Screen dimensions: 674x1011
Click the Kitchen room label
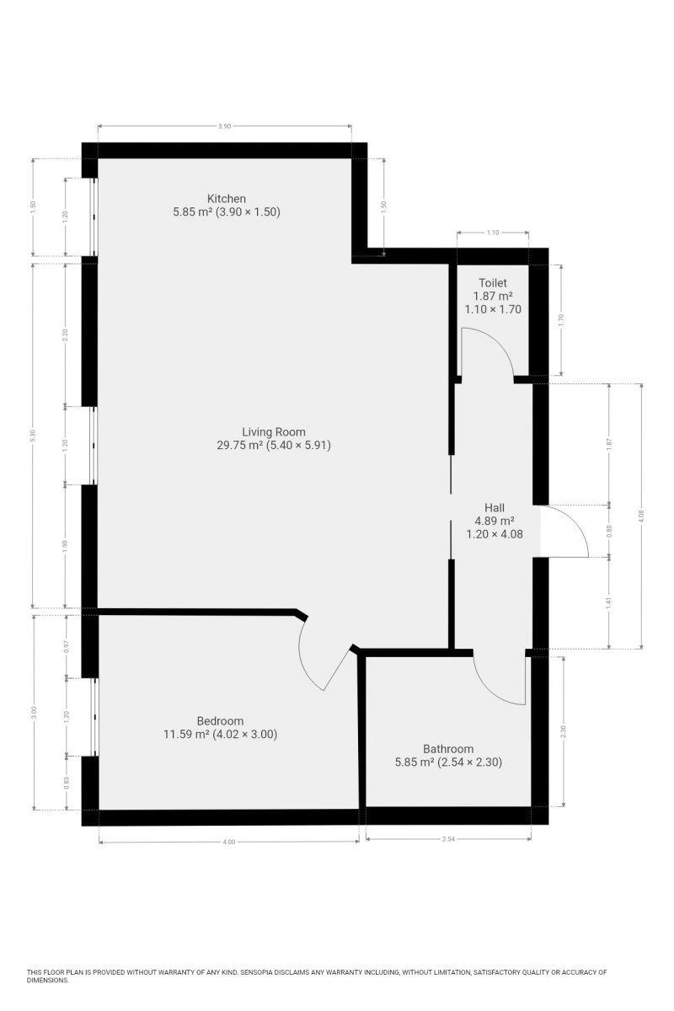[x=226, y=199]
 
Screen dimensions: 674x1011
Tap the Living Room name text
[x=274, y=432]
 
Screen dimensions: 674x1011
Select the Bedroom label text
[x=220, y=721]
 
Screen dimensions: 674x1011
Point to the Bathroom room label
[x=448, y=749]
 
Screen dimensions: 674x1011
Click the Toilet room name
[x=493, y=283]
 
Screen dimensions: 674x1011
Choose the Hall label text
[x=495, y=508]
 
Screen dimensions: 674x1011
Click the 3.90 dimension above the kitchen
[x=224, y=126]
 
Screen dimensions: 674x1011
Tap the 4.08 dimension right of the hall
[x=641, y=516]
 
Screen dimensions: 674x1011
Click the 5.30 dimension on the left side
[x=33, y=436]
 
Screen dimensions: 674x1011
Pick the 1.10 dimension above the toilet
[x=493, y=233]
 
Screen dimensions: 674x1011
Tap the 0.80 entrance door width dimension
[x=609, y=530]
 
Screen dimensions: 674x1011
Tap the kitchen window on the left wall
[x=94, y=217]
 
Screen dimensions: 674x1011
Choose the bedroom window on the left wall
[x=94, y=717]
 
